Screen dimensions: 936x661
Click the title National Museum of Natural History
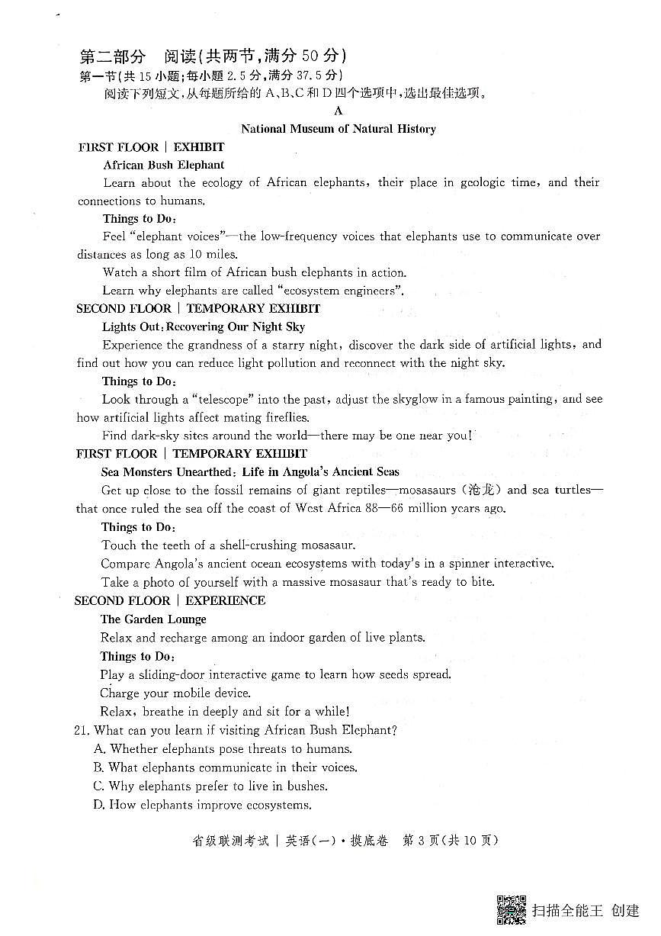(339, 129)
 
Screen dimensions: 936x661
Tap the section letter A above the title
(339, 111)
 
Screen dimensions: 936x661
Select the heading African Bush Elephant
(164, 165)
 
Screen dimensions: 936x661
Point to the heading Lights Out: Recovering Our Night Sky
(204, 326)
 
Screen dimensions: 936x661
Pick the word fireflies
(284, 417)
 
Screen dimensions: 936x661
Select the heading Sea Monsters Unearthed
(166, 472)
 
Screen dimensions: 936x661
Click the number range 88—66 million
(395, 509)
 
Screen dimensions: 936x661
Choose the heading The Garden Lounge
(153, 619)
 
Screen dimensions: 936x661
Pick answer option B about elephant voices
(225, 767)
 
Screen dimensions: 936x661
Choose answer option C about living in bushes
(210, 786)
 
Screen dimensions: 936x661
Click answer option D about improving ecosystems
(203, 805)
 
